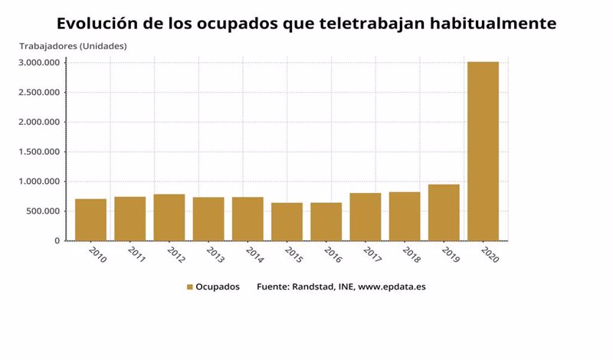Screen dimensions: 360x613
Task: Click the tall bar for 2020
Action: pyautogui.click(x=483, y=151)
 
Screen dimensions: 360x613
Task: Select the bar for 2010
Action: pyautogui.click(x=90, y=220)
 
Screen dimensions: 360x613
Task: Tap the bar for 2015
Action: pyautogui.click(x=287, y=221)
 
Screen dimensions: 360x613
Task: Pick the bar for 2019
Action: pyautogui.click(x=444, y=212)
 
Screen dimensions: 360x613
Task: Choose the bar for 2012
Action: pyautogui.click(x=169, y=218)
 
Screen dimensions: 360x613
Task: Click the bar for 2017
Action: pyautogui.click(x=365, y=217)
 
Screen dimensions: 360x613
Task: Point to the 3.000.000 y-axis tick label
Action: pyautogui.click(x=39, y=63)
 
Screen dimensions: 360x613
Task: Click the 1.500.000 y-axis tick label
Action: pyautogui.click(x=39, y=152)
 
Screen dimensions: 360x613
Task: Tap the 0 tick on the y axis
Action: pyautogui.click(x=57, y=241)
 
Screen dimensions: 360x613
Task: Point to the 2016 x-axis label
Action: pyautogui.click(x=333, y=255)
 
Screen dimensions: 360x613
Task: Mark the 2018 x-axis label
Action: pyautogui.click(x=411, y=255)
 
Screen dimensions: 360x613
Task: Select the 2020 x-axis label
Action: pyautogui.click(x=490, y=255)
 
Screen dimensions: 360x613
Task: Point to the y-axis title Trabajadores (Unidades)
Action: pyautogui.click(x=73, y=46)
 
